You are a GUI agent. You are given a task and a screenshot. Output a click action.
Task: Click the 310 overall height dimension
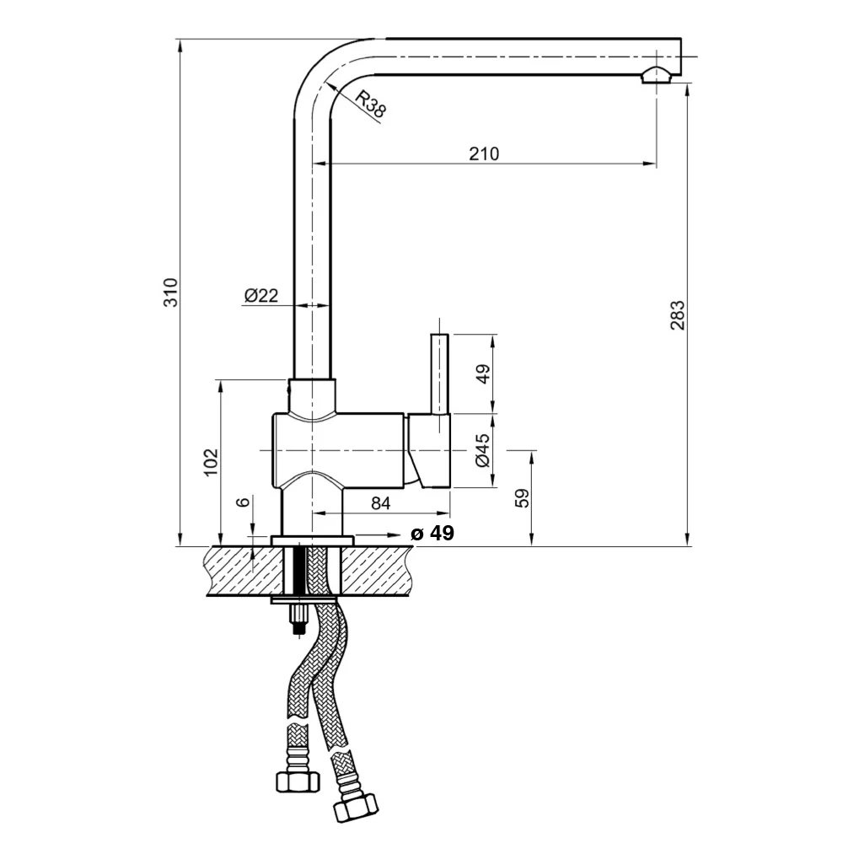[170, 293]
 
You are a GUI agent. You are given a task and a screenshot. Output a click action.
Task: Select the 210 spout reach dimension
[484, 153]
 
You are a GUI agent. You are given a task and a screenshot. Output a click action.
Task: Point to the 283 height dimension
[678, 315]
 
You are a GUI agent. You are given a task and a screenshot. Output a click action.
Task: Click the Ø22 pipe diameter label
[261, 295]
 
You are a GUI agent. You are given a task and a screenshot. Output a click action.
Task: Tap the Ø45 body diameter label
[483, 450]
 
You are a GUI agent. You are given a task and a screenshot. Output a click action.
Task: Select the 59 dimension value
[522, 498]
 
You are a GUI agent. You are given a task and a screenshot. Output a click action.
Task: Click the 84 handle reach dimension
[381, 503]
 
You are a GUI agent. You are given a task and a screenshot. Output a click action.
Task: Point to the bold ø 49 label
[432, 534]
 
